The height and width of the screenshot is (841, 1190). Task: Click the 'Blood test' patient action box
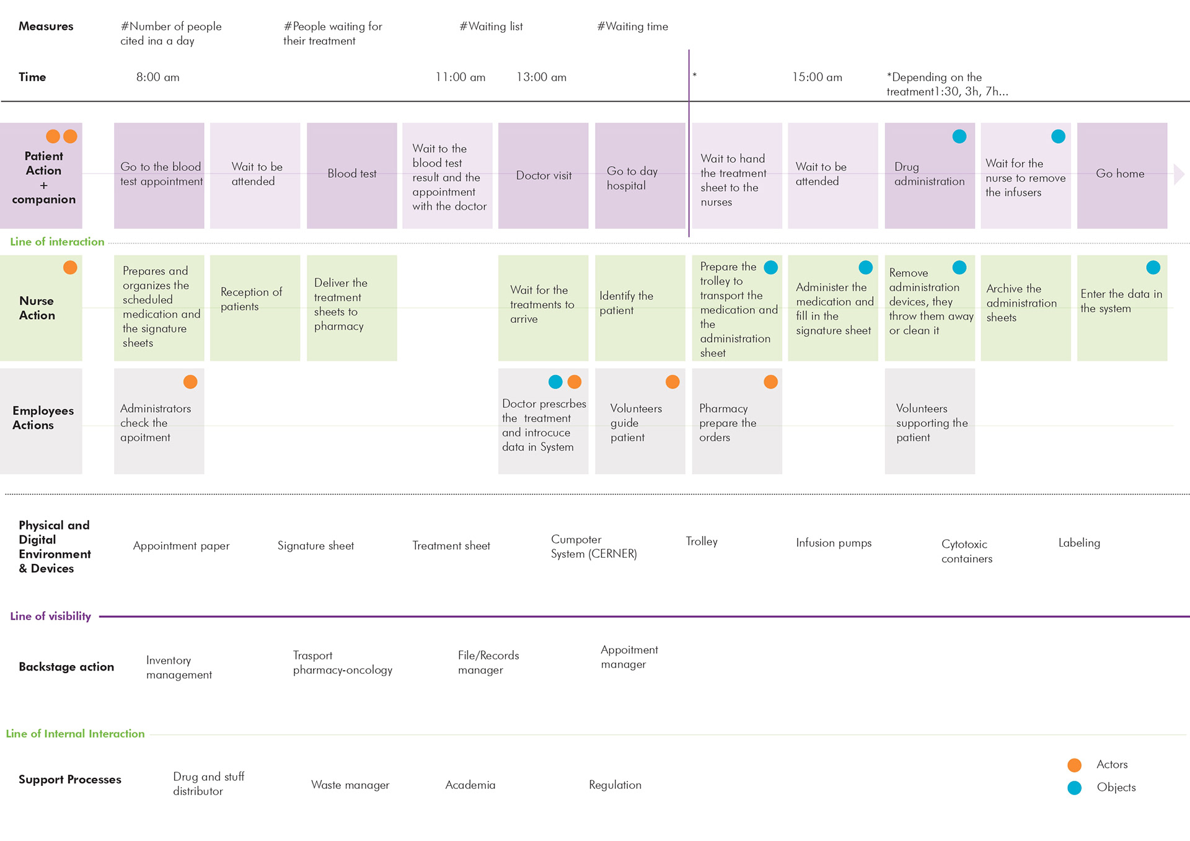coord(351,175)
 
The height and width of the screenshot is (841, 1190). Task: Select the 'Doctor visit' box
coord(543,175)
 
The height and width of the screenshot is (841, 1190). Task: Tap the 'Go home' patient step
coord(1122,175)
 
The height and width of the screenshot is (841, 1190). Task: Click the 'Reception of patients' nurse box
coord(255,308)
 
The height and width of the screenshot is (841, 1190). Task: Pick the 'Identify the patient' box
coord(640,308)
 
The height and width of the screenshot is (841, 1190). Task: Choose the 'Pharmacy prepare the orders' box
coord(737,421)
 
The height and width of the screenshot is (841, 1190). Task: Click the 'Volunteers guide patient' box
coord(640,421)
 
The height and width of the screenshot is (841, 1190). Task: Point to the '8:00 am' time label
coord(158,77)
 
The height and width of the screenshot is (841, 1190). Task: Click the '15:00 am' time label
coord(817,77)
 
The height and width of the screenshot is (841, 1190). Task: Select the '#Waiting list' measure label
coord(491,27)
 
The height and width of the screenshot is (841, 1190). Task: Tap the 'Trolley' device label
coord(702,542)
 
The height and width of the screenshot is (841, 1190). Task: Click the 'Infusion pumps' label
coord(834,543)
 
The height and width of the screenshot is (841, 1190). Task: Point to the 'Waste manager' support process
coord(350,785)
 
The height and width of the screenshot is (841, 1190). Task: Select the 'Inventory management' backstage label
coord(179,667)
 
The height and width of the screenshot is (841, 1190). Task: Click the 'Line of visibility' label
coord(50,616)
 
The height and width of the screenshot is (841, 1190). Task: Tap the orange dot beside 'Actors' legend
coord(1075,765)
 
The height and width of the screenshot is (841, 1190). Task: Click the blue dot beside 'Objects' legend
coord(1075,788)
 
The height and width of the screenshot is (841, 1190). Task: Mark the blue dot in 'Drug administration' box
coord(959,136)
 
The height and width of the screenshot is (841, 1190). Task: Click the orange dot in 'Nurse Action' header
coord(70,268)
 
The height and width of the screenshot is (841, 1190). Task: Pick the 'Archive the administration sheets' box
coord(1026,308)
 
